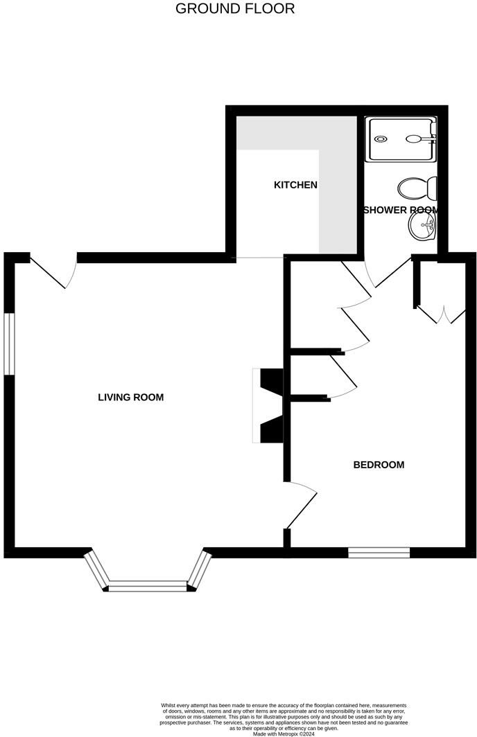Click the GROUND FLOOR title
point(235,9)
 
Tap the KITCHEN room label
point(295,185)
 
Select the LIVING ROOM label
point(130,398)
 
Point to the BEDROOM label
point(379,465)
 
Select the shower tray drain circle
point(381,139)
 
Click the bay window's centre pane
point(148,587)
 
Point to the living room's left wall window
point(10,344)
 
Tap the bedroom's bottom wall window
point(379,552)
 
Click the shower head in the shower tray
point(417,139)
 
